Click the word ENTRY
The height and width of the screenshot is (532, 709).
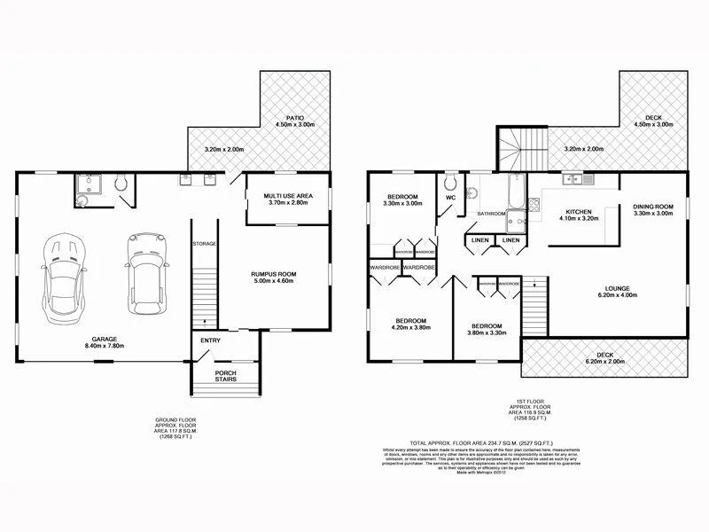(x=210, y=340)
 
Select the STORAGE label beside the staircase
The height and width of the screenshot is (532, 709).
(x=205, y=244)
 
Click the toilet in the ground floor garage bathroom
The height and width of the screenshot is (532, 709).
(x=122, y=184)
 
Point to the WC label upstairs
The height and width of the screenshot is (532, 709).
(x=451, y=197)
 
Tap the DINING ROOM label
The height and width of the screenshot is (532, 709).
(x=654, y=207)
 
